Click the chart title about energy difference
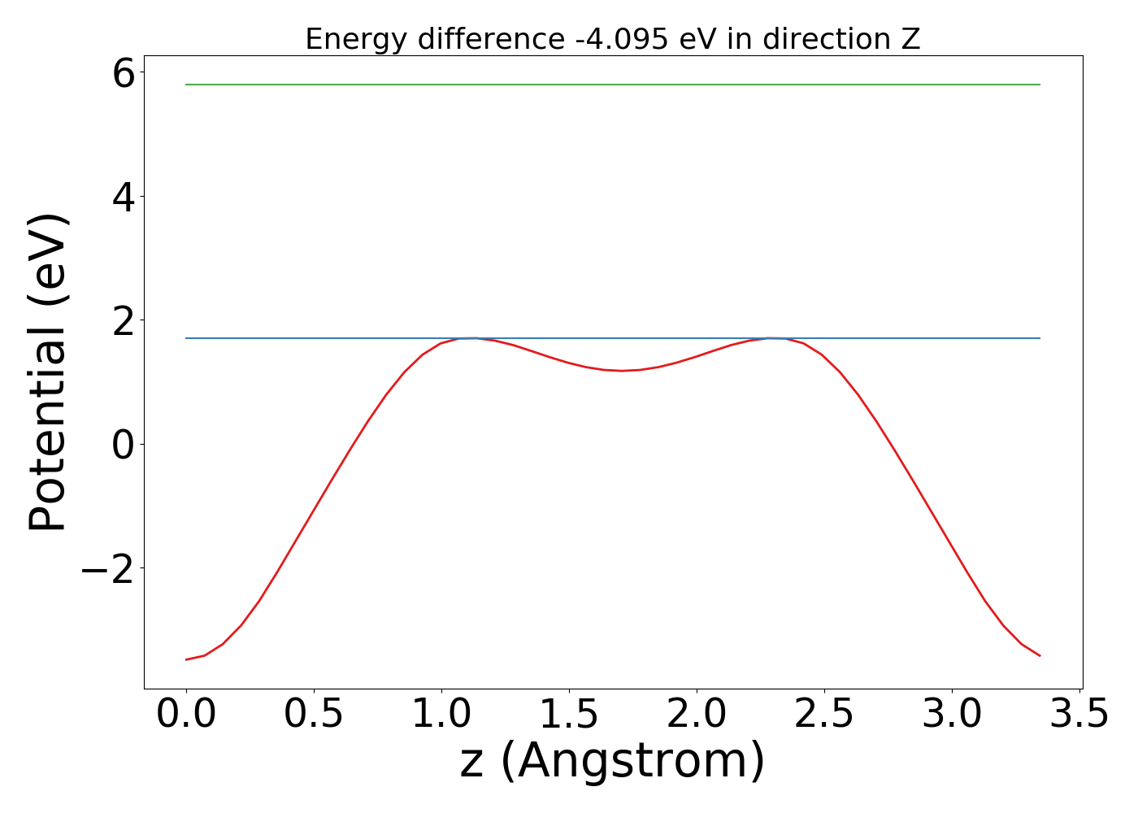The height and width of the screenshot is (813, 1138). coord(612,39)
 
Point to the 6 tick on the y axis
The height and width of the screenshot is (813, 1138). coord(124,75)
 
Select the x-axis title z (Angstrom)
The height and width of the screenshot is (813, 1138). coord(612,762)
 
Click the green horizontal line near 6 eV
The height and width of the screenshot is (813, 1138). coord(612,85)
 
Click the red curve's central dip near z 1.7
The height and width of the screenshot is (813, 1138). coord(623,371)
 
